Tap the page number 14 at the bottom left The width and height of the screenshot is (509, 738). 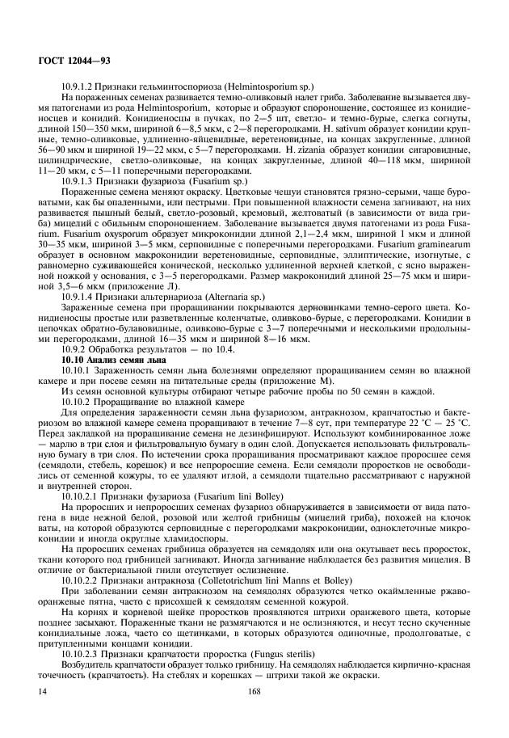pos(41,690)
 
